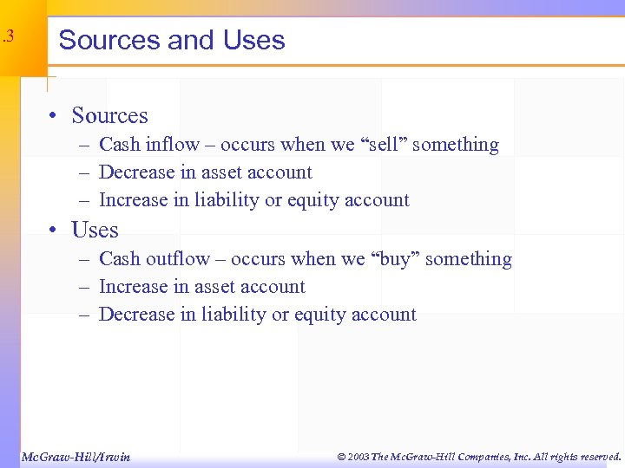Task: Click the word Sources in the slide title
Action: coord(109,40)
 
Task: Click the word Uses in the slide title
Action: coord(253,40)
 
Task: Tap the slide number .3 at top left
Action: coord(9,36)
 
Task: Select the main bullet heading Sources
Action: coord(109,115)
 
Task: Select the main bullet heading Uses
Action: coord(95,230)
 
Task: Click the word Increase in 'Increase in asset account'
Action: coord(135,287)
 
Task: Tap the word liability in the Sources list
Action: coord(226,200)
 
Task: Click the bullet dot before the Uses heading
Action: coord(54,231)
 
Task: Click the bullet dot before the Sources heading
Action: coord(54,116)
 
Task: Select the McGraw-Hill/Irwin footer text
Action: coord(76,457)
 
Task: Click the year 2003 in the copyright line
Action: coord(359,457)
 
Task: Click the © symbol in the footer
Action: coord(341,457)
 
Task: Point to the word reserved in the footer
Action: coord(597,457)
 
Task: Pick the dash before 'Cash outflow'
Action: coord(84,259)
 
